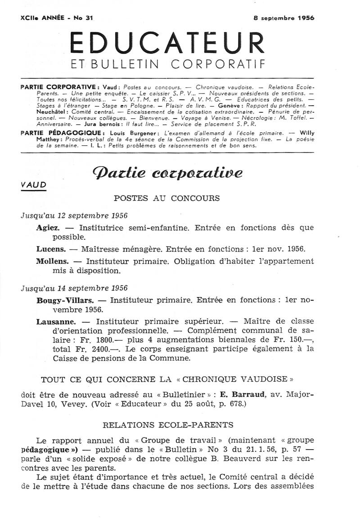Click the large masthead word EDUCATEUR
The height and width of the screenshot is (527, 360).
pos(167,43)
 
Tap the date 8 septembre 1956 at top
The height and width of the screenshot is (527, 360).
pos(283,18)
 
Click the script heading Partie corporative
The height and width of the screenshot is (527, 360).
pos(167,173)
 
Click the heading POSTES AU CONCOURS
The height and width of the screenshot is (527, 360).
pos(167,198)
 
